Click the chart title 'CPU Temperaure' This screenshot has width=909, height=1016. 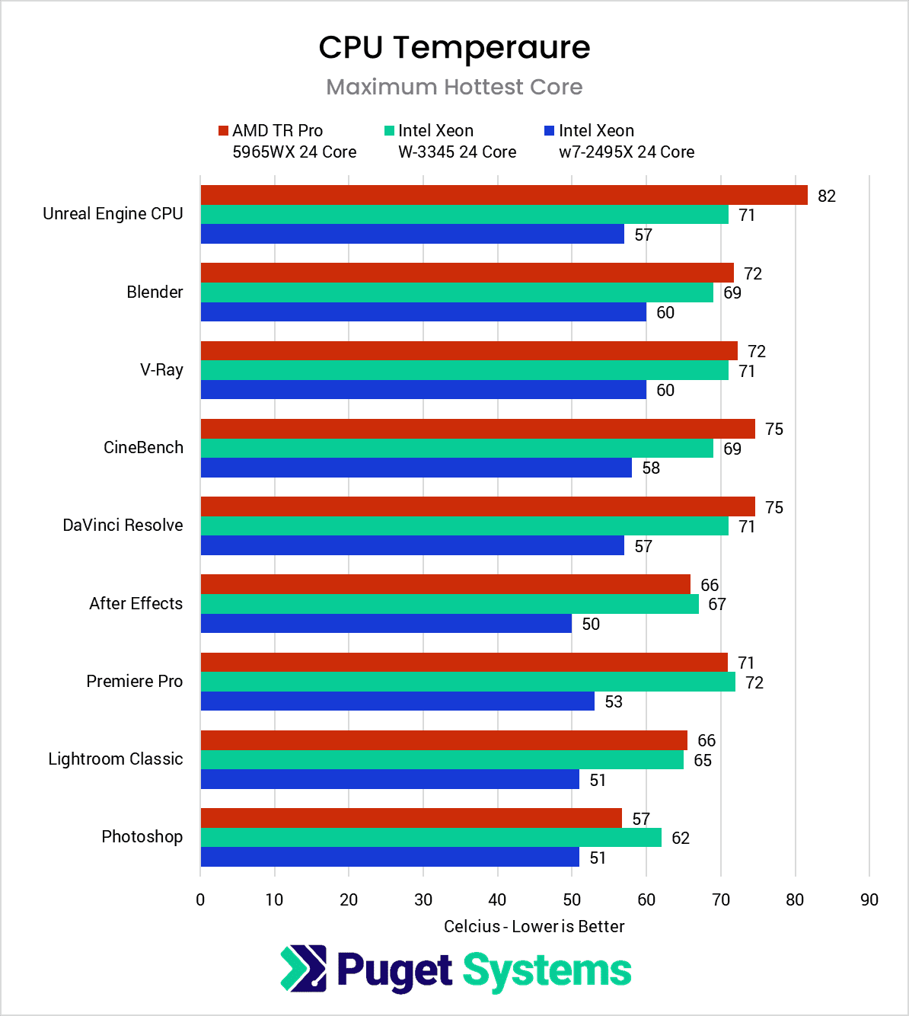454,47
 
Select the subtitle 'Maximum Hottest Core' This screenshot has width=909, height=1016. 454,87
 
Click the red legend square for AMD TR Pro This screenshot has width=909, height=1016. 223,131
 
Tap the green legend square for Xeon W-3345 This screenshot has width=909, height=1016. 389,131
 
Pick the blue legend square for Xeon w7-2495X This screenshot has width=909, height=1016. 549,131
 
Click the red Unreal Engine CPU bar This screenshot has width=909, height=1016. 503,195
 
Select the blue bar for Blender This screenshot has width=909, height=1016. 423,312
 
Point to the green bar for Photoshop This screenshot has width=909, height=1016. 431,838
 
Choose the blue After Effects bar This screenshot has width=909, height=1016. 386,624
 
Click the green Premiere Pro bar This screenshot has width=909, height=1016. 467,682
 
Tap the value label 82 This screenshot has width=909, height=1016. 826,196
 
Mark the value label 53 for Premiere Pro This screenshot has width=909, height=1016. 613,701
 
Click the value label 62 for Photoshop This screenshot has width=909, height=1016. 680,839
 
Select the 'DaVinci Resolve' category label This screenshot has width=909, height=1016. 123,526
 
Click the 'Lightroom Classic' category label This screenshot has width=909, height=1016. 116,759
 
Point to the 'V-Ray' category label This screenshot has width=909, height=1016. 161,370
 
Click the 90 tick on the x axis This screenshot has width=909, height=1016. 869,900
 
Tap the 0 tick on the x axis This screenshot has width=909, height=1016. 200,900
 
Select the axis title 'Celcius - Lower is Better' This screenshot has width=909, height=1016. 534,926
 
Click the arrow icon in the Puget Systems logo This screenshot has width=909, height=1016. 303,969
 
